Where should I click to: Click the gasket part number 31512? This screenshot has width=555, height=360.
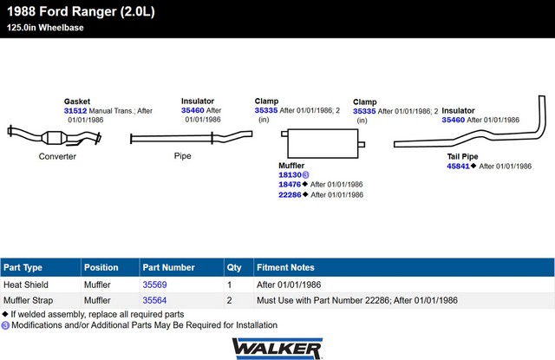pyautogui.click(x=75, y=111)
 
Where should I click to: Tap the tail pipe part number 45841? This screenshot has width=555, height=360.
pyautogui.click(x=458, y=166)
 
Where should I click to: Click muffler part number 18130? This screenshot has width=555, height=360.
pyautogui.click(x=289, y=174)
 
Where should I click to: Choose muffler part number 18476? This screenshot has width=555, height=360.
pyautogui.click(x=289, y=185)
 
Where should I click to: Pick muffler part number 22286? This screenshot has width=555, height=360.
pyautogui.click(x=289, y=195)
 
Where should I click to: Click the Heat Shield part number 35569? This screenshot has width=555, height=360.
pyautogui.click(x=154, y=285)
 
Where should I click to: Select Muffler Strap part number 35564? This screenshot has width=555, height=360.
pyautogui.click(x=154, y=300)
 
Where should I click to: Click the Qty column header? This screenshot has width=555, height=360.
pyautogui.click(x=234, y=267)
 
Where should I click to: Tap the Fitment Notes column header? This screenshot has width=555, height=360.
pyautogui.click(x=285, y=267)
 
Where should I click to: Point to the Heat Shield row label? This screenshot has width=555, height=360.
pyautogui.click(x=27, y=285)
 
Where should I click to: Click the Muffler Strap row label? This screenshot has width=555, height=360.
pyautogui.click(x=30, y=300)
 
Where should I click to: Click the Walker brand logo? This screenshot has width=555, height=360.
pyautogui.click(x=277, y=348)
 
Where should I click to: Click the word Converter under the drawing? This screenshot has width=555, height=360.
pyautogui.click(x=57, y=157)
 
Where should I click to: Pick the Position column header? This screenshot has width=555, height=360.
pyautogui.click(x=101, y=267)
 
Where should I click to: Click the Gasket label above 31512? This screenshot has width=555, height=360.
pyautogui.click(x=77, y=101)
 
